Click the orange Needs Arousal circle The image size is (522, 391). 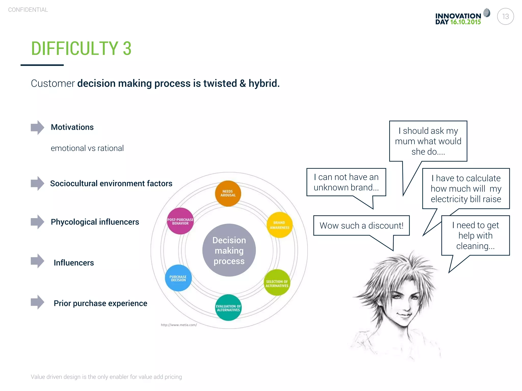(x=228, y=193)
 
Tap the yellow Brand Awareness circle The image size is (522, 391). (x=279, y=225)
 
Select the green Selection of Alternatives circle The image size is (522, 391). (x=277, y=283)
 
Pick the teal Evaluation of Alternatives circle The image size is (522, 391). (x=228, y=308)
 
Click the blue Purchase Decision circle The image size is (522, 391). (x=178, y=278)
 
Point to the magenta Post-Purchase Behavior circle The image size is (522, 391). (x=180, y=221)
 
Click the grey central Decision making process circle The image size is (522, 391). (x=229, y=250)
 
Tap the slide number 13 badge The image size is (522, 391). (x=505, y=17)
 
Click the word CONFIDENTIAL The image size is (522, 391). (x=28, y=10)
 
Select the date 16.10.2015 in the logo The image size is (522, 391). (x=465, y=22)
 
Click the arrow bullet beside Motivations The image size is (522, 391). (x=37, y=127)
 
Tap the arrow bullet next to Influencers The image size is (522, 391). (x=37, y=261)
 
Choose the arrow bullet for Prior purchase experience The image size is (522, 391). (x=37, y=302)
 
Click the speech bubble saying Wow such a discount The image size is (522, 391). (x=361, y=226)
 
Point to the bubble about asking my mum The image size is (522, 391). (x=428, y=141)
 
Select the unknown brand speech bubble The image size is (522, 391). (x=346, y=182)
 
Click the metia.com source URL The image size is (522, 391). (x=179, y=325)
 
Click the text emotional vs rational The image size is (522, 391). (x=87, y=148)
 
